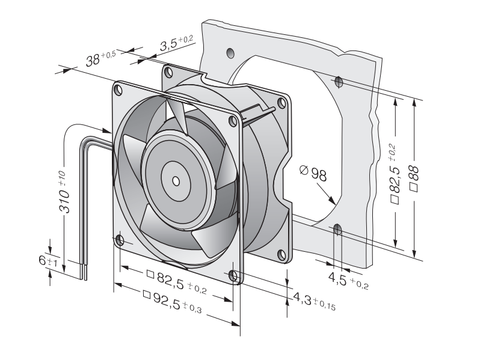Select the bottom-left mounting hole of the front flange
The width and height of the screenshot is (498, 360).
pos(120,241)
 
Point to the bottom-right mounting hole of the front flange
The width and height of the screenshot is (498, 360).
pos(233,276)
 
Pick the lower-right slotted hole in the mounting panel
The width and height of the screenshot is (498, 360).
pos(337,230)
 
